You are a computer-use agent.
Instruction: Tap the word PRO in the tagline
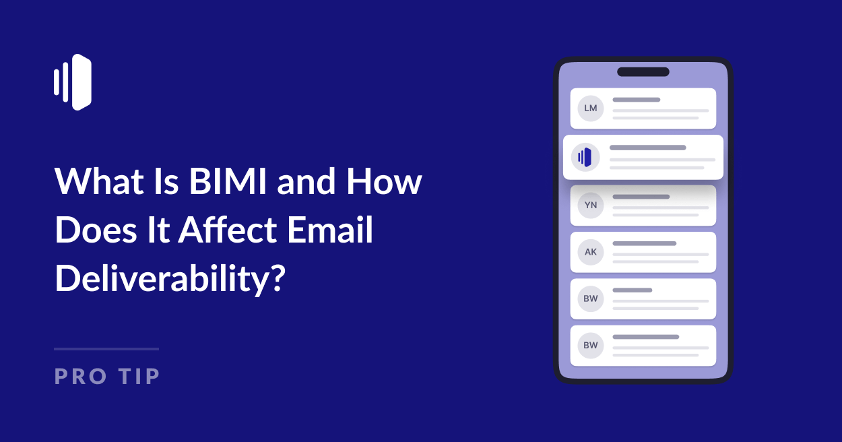[81, 376]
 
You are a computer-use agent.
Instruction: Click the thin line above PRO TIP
[106, 349]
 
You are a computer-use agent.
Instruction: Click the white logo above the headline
[73, 82]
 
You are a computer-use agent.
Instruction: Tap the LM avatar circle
[591, 108]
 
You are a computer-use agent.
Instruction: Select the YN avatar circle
[591, 206]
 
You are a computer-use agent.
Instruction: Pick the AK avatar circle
[591, 252]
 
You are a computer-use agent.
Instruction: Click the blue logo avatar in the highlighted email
[584, 157]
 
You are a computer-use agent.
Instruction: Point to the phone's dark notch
[643, 72]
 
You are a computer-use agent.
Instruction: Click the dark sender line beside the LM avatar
[636, 100]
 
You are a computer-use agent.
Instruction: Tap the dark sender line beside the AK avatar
[644, 243]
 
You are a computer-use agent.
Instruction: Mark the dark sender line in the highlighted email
[647, 148]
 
